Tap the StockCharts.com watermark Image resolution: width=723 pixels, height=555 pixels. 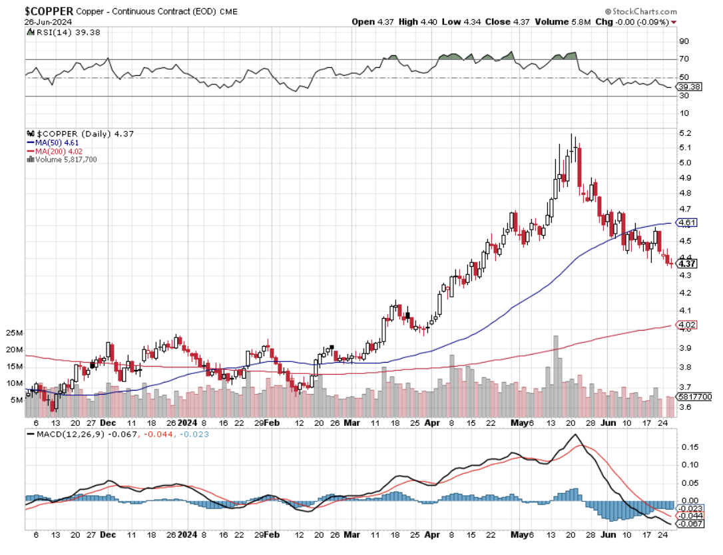click(640, 12)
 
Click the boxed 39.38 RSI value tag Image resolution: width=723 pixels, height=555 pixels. click(689, 87)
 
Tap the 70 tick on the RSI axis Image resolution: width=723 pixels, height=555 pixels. click(683, 59)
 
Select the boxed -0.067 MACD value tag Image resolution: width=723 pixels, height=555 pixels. click(690, 524)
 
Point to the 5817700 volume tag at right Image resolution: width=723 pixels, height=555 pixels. click(694, 397)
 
